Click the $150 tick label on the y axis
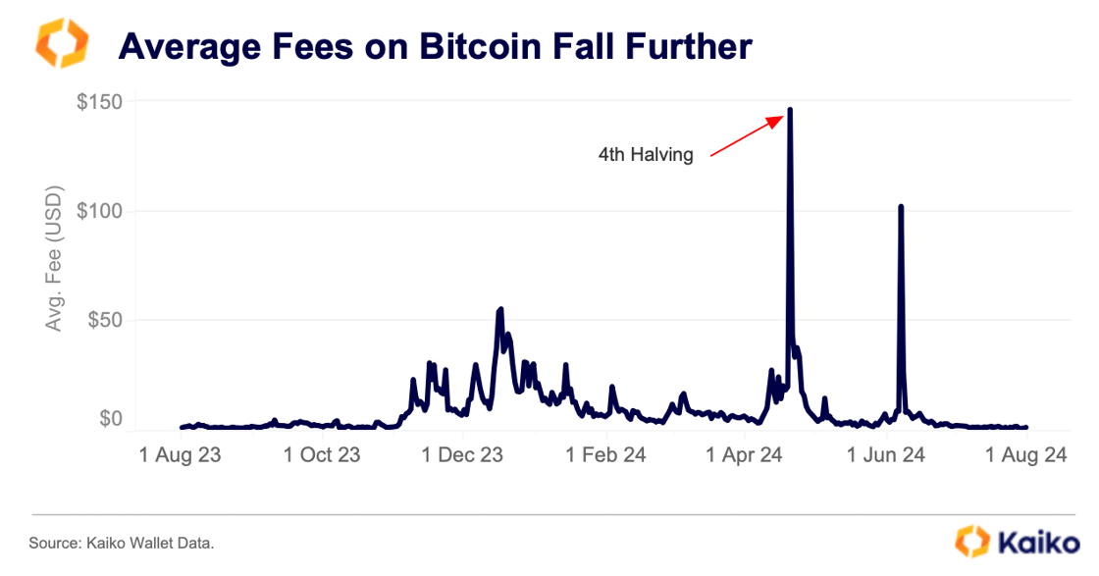coord(99,102)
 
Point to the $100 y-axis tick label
coord(99,211)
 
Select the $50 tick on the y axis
coord(104,321)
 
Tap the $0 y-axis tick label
coord(110,419)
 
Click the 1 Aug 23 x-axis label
coord(180,456)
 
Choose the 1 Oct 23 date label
coord(322,456)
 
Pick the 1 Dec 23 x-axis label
coord(463,456)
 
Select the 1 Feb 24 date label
coord(605,456)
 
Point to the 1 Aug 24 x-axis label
coord(1025,456)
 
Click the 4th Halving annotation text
coord(646,154)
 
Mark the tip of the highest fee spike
coord(790,109)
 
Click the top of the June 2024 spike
coord(901,206)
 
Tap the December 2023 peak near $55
coord(501,309)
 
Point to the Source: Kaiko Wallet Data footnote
coord(121,543)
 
